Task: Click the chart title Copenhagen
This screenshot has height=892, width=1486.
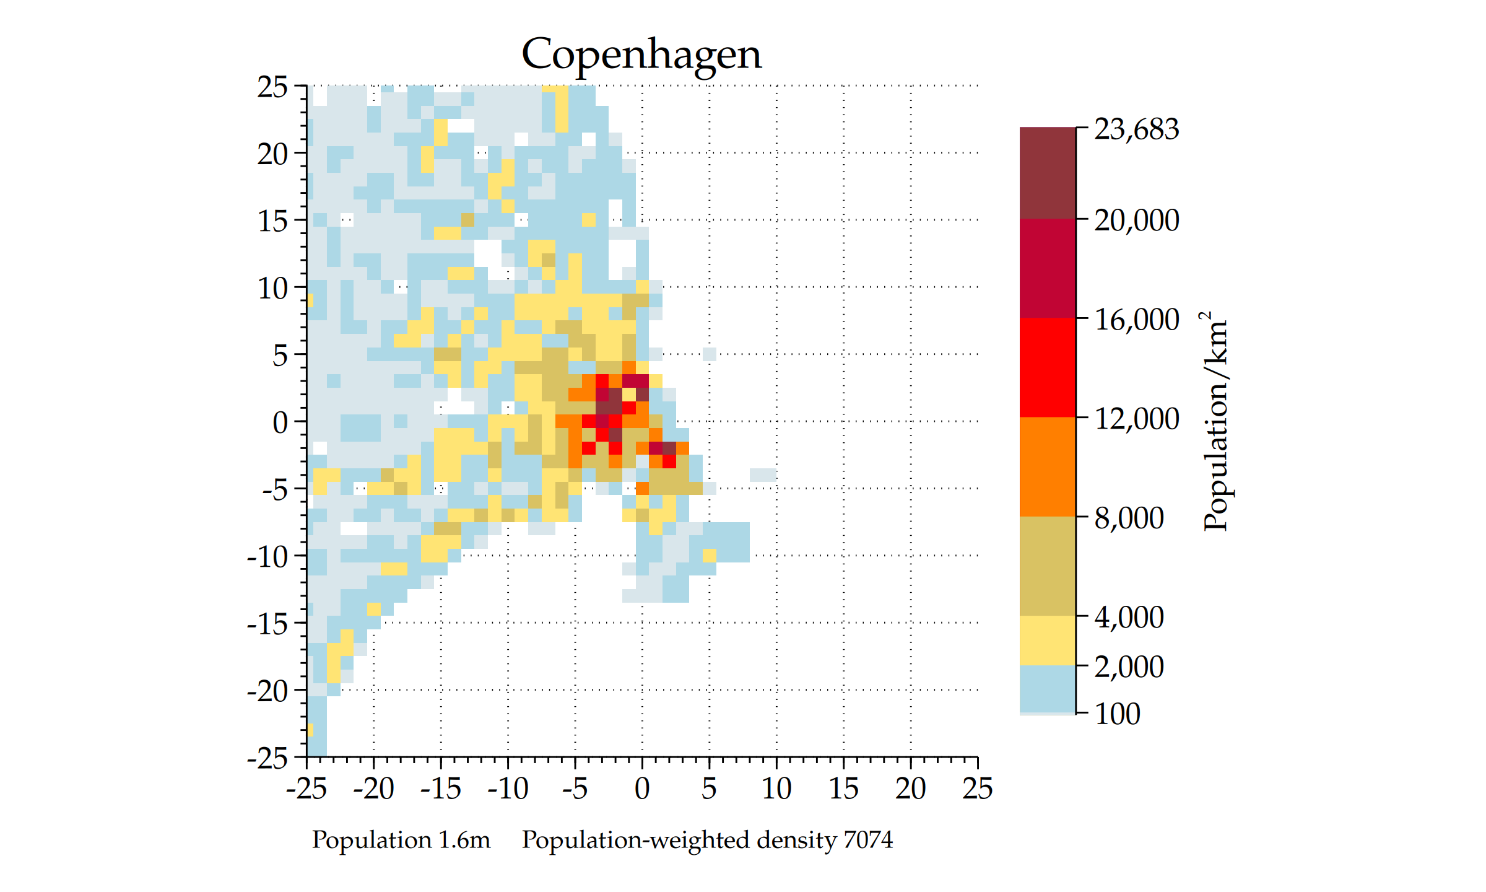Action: [x=641, y=55]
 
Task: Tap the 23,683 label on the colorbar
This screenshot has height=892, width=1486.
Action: [x=1136, y=129]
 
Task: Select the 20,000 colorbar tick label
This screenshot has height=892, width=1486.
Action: [x=1136, y=220]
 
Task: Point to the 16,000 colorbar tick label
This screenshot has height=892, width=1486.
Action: [x=1136, y=320]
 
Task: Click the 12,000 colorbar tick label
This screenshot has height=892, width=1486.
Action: [x=1136, y=419]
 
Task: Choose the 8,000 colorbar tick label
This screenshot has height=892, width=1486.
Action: [x=1129, y=518]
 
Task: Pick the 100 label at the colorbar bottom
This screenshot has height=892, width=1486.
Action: [x=1117, y=714]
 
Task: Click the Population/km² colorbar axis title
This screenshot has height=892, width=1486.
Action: [x=1215, y=421]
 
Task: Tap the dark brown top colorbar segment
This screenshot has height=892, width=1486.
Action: [x=1047, y=173]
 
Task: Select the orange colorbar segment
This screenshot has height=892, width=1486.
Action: [x=1047, y=466]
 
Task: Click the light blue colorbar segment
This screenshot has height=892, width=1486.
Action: [x=1047, y=689]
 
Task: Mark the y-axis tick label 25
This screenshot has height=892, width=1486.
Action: [x=272, y=87]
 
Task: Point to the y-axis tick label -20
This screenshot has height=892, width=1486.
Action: [x=267, y=691]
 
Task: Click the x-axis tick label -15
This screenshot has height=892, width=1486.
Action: [x=440, y=789]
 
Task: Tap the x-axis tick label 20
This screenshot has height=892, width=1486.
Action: [x=910, y=789]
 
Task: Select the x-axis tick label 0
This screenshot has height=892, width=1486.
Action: [x=642, y=789]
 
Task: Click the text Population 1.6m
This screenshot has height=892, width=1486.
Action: [x=401, y=840]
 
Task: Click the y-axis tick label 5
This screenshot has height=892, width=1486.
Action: [x=280, y=356]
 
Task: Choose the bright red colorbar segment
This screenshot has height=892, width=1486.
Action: [x=1047, y=367]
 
